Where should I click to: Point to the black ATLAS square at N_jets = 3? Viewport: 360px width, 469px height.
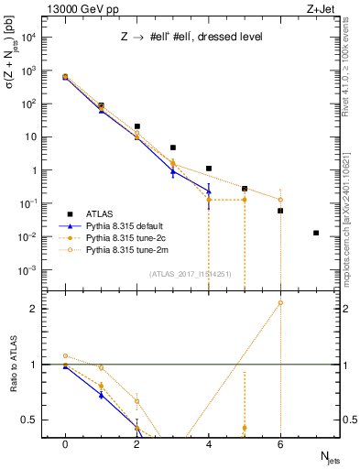(x=172, y=147)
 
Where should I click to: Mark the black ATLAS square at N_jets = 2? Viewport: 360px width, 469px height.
(x=136, y=126)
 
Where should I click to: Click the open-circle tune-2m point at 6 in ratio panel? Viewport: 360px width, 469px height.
(x=280, y=302)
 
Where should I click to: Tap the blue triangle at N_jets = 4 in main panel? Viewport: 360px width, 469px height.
(x=209, y=191)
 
